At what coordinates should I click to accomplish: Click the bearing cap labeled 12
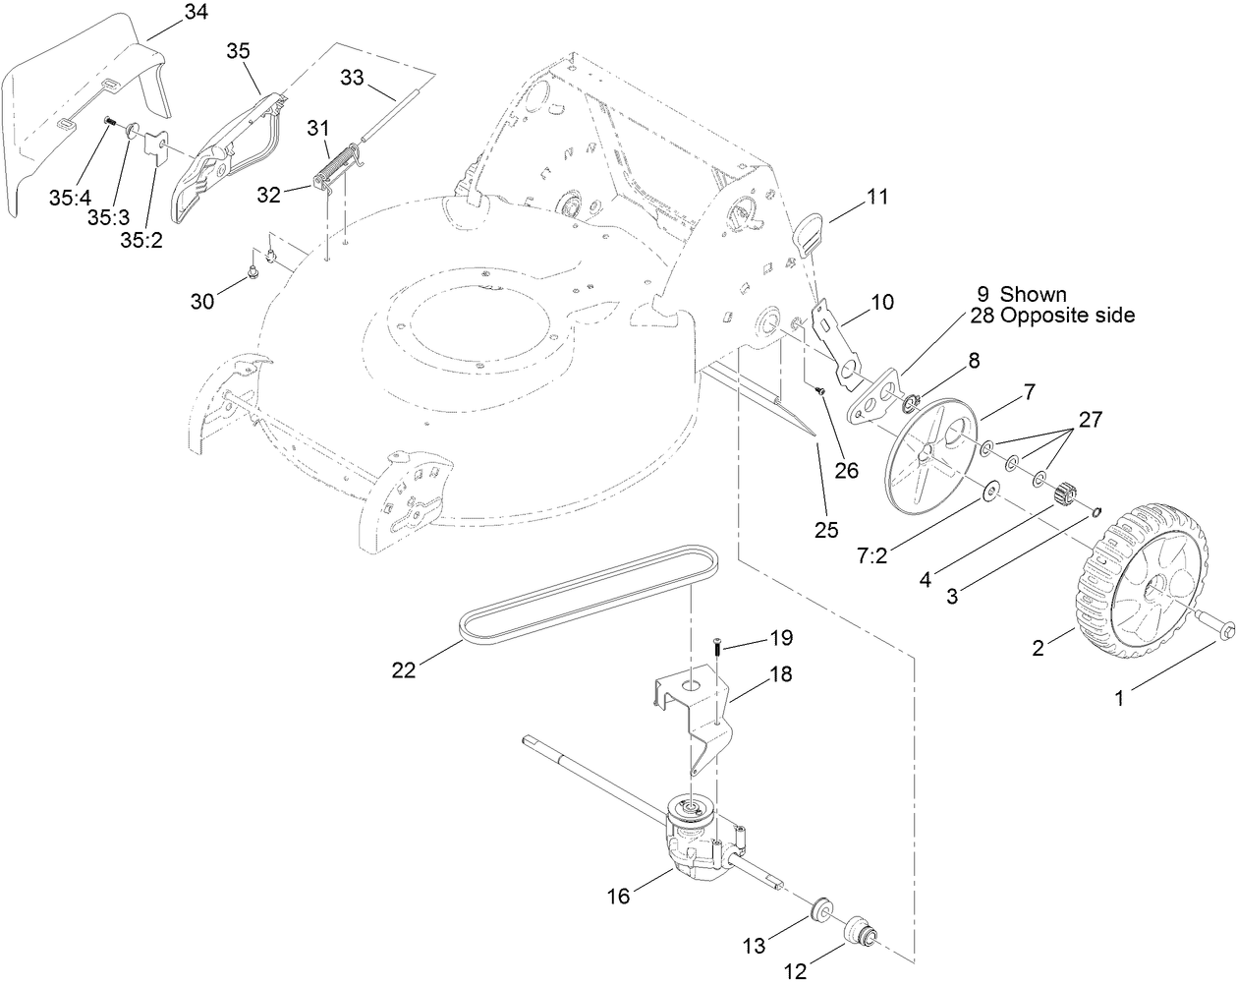click(x=862, y=929)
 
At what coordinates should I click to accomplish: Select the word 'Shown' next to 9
click(x=1033, y=295)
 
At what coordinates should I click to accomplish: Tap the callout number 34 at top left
click(x=196, y=13)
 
